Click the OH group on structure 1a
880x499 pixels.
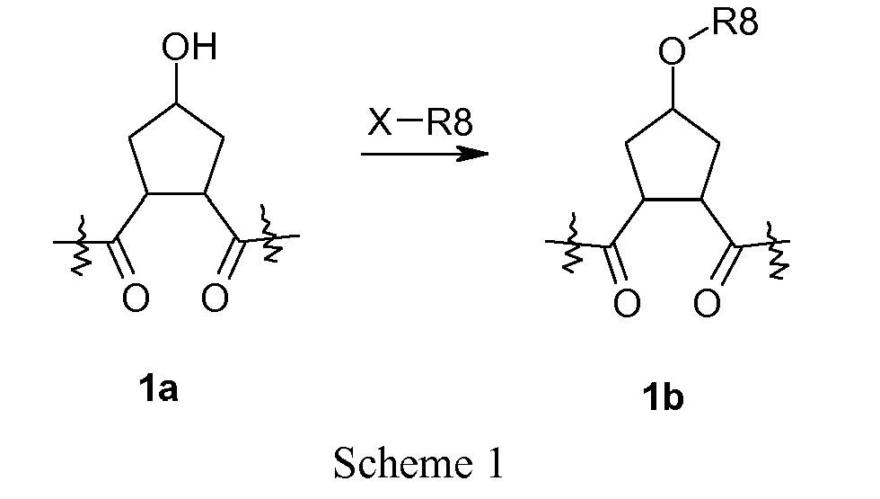click(x=189, y=47)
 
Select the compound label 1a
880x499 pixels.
click(x=158, y=389)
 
